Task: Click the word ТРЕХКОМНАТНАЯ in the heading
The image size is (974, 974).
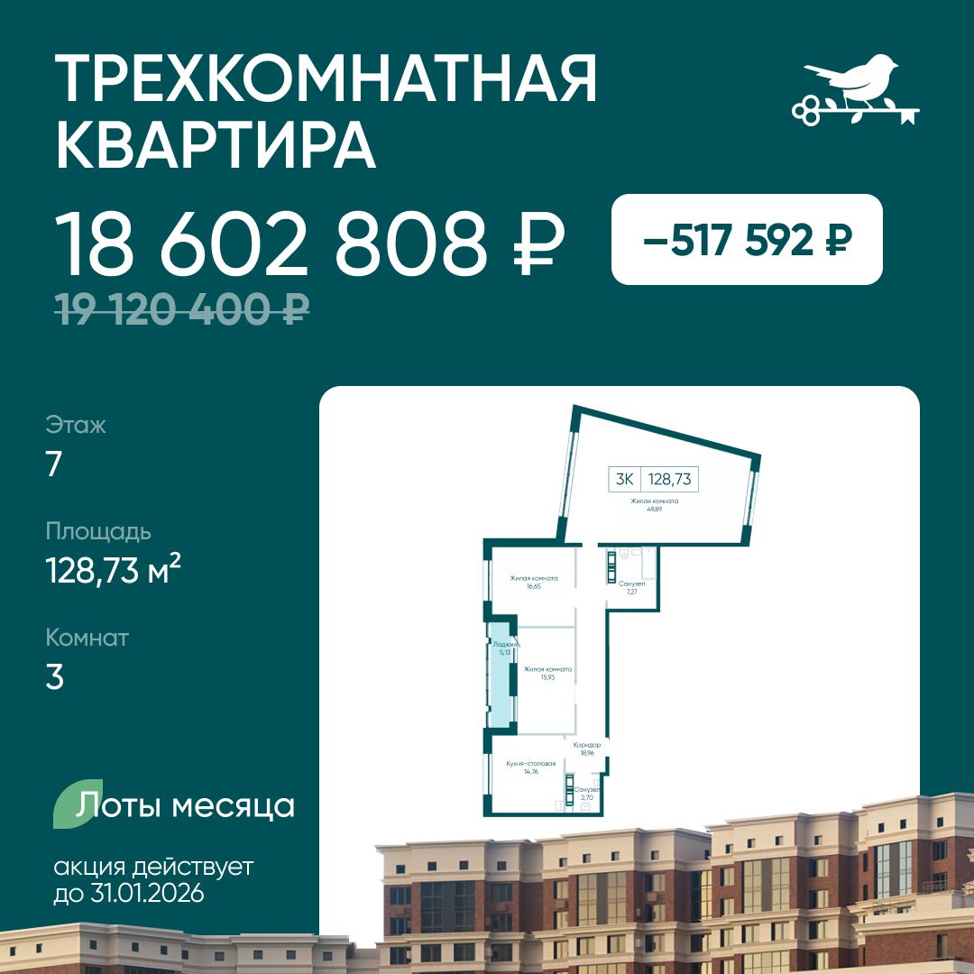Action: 326,79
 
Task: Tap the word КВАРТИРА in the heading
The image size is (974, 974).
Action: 216,144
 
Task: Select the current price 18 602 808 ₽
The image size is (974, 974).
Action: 310,243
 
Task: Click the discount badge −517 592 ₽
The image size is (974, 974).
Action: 747,240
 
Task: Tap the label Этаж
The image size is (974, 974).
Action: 76,425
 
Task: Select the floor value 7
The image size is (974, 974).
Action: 54,464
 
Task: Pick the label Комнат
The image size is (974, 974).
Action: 87,639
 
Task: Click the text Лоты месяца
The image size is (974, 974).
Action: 186,805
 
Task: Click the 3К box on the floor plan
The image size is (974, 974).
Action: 624,480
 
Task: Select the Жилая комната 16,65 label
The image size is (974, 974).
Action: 533,583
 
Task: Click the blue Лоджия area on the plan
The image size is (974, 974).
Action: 500,676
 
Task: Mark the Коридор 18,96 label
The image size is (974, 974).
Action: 587,749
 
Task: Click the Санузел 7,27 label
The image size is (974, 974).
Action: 632,588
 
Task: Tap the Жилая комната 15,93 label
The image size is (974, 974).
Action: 547,673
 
